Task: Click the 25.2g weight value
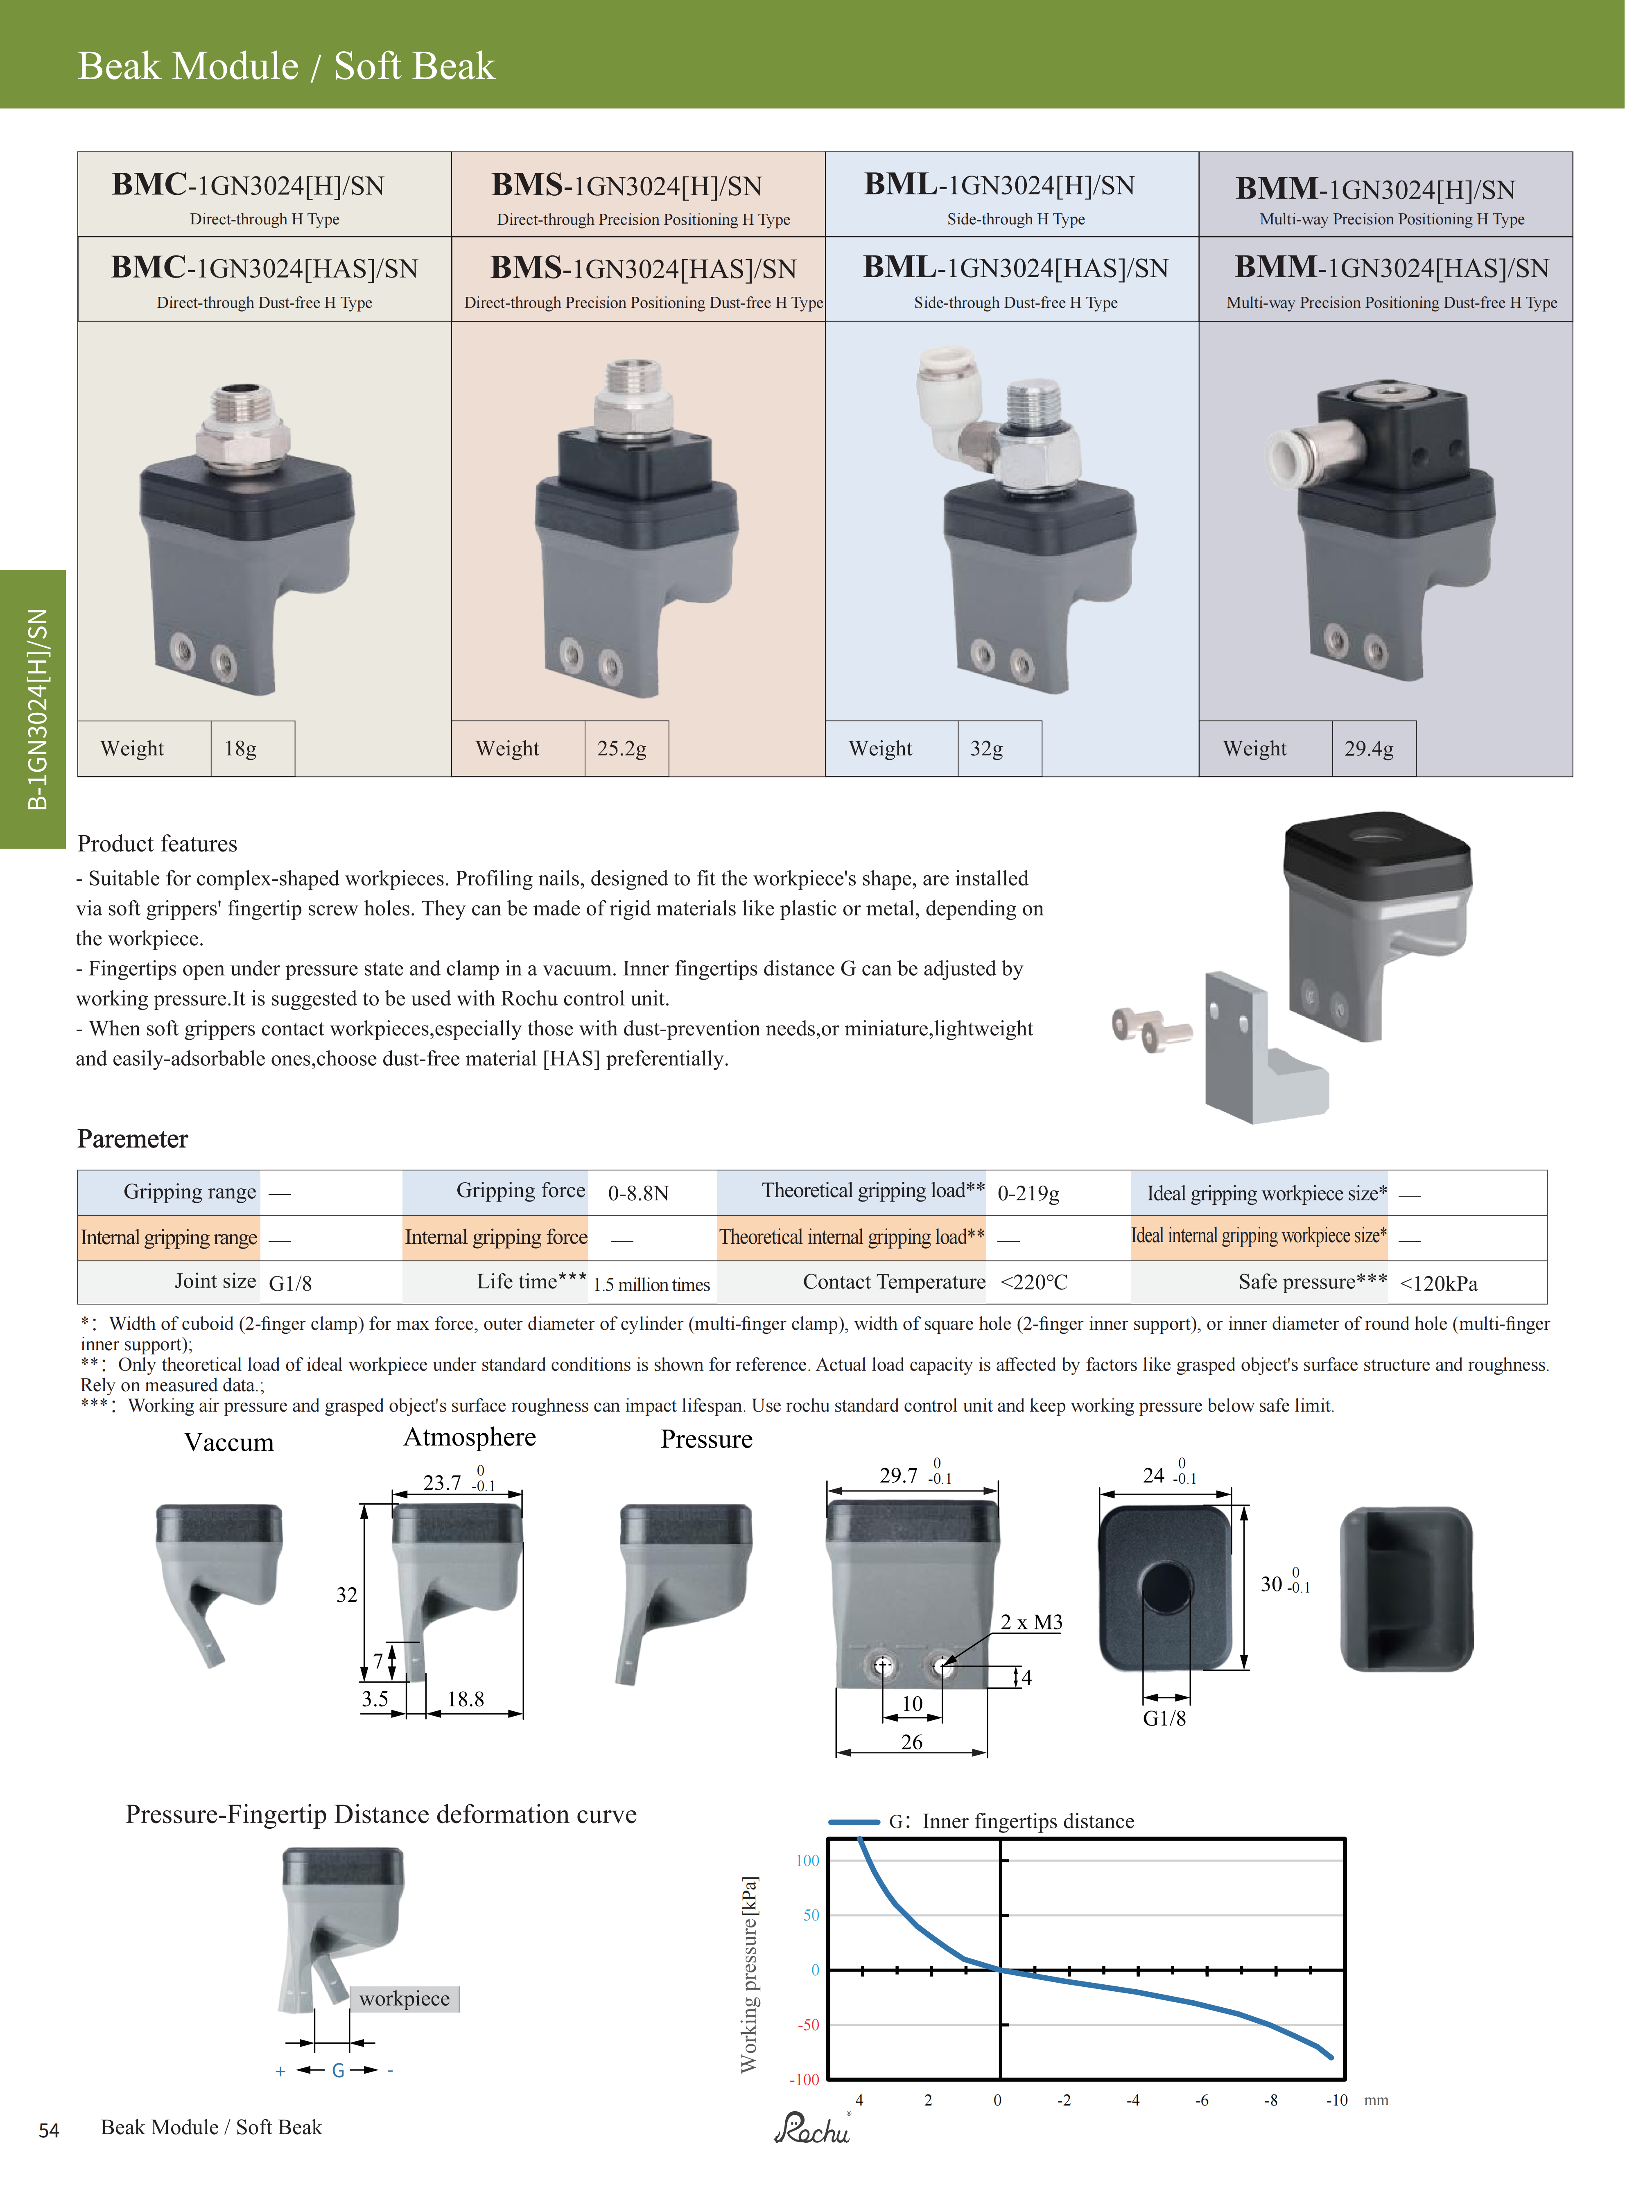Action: point(622,748)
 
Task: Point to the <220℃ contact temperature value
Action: point(1034,1283)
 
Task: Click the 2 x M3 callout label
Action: point(1031,1622)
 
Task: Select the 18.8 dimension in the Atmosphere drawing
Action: point(465,1699)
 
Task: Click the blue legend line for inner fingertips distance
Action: point(853,1821)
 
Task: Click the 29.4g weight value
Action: point(1368,748)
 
